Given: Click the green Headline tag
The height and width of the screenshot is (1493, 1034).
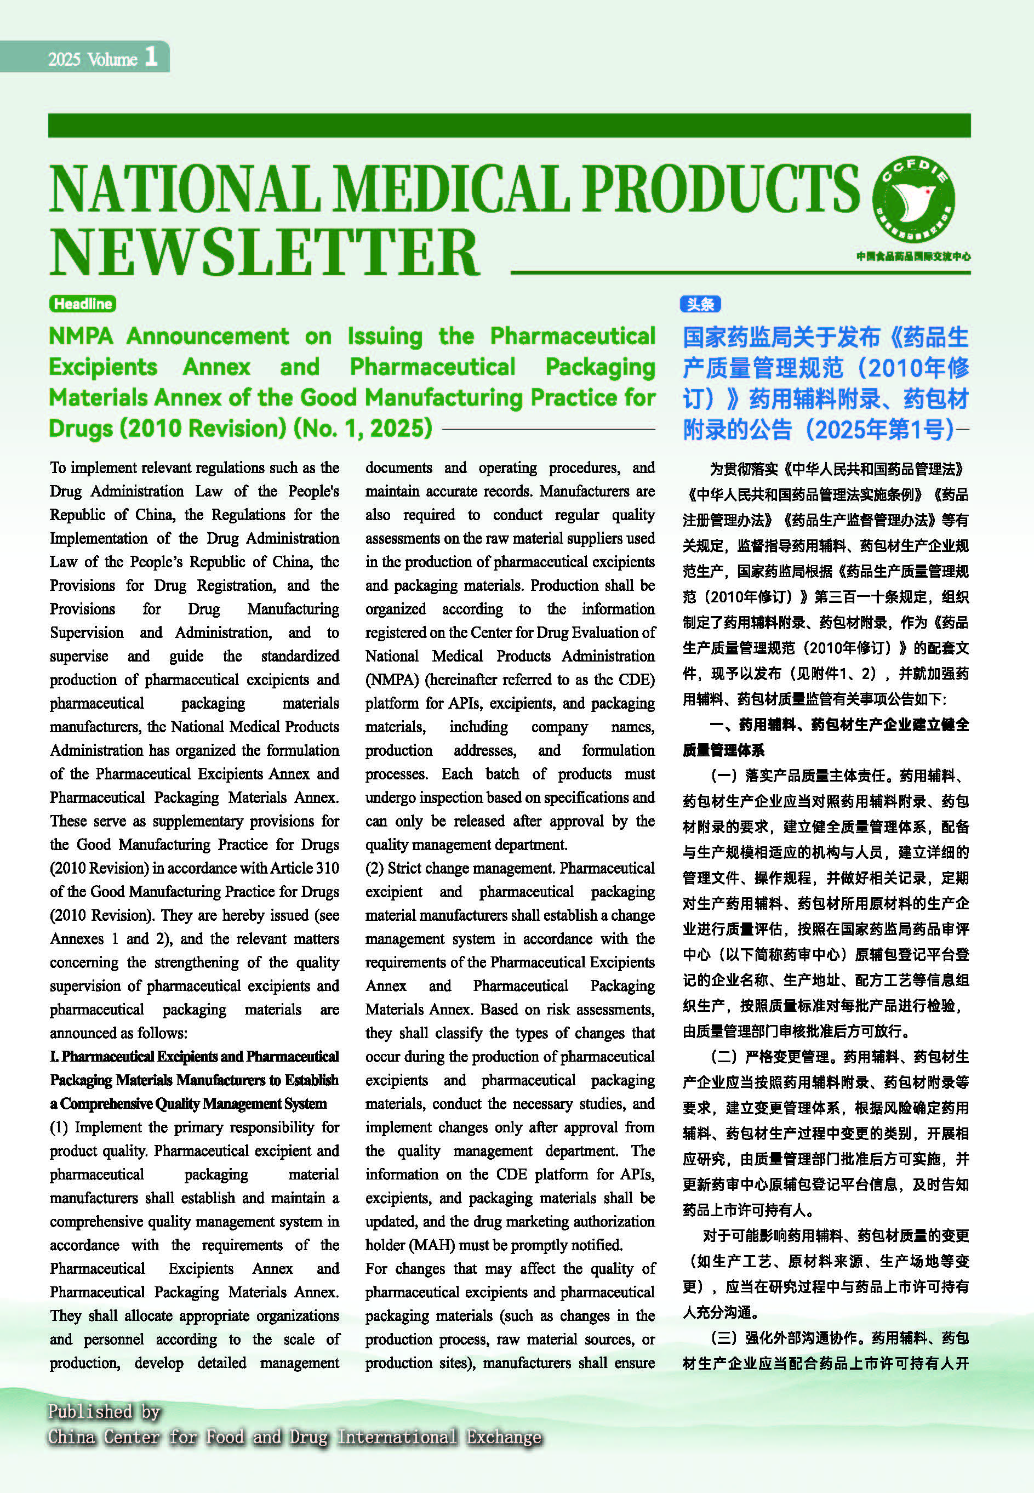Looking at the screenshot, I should point(82,303).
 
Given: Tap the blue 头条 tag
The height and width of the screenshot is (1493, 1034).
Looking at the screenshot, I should point(700,304).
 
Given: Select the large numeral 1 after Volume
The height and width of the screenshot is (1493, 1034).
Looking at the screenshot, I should point(151,56).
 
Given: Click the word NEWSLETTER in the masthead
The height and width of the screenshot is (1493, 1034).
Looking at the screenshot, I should point(264,253).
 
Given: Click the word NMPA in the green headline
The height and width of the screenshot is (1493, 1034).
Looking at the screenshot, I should point(81,337).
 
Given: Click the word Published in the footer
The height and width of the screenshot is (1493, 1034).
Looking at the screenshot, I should point(89,1411).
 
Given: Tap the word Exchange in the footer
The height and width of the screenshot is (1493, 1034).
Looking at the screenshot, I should point(504,1437).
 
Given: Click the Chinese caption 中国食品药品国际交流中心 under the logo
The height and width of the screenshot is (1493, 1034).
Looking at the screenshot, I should point(913,257).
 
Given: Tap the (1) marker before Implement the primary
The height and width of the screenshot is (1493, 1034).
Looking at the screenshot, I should point(59,1127).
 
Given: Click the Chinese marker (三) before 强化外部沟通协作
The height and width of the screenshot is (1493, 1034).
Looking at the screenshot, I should point(724,1338).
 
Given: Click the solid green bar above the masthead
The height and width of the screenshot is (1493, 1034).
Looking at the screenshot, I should point(509,126).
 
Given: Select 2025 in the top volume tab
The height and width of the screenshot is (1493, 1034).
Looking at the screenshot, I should point(64,60).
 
